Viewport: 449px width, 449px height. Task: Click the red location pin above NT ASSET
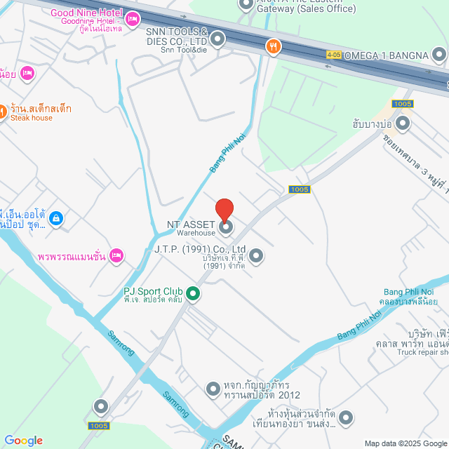pos(224,210)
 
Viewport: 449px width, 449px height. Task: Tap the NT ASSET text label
pos(191,224)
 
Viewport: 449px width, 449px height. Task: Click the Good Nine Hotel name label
pos(87,13)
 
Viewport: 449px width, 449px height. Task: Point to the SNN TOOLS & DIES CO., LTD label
pos(177,36)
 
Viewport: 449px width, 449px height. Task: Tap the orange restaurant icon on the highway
pos(274,47)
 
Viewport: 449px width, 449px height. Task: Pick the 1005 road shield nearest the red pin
pos(300,189)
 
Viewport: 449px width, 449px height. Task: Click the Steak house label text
pos(31,118)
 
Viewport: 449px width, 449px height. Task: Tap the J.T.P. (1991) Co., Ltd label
pos(200,249)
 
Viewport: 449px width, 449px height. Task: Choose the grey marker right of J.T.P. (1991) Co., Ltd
pos(256,256)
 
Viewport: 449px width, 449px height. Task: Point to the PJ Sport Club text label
pos(153,291)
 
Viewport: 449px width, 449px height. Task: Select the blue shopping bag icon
pos(57,220)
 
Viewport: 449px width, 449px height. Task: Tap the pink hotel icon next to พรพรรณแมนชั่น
pos(116,255)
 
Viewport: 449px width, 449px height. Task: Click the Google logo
pos(23,441)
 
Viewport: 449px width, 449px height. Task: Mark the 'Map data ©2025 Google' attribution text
pos(406,443)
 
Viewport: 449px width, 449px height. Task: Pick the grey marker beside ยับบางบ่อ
pos(403,124)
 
